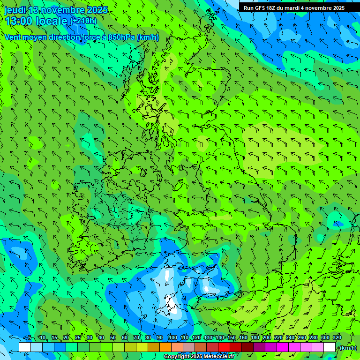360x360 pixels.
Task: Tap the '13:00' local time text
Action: tap(18, 21)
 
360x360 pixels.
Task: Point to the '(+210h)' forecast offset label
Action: tap(83, 21)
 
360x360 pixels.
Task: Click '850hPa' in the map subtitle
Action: tap(121, 37)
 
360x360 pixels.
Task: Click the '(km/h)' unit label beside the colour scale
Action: tap(347, 348)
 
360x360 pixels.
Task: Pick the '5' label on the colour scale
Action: tap(29, 337)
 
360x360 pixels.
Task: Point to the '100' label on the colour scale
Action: tap(172, 337)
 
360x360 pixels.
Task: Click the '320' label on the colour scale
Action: tap(337, 337)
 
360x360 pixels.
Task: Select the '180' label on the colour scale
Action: tap(255, 337)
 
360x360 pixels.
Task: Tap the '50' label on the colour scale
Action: tap(113, 337)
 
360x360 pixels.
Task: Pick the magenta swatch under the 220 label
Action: tap(283, 347)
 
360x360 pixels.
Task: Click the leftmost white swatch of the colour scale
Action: tap(25, 347)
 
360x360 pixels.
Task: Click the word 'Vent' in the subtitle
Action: tap(14, 37)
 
